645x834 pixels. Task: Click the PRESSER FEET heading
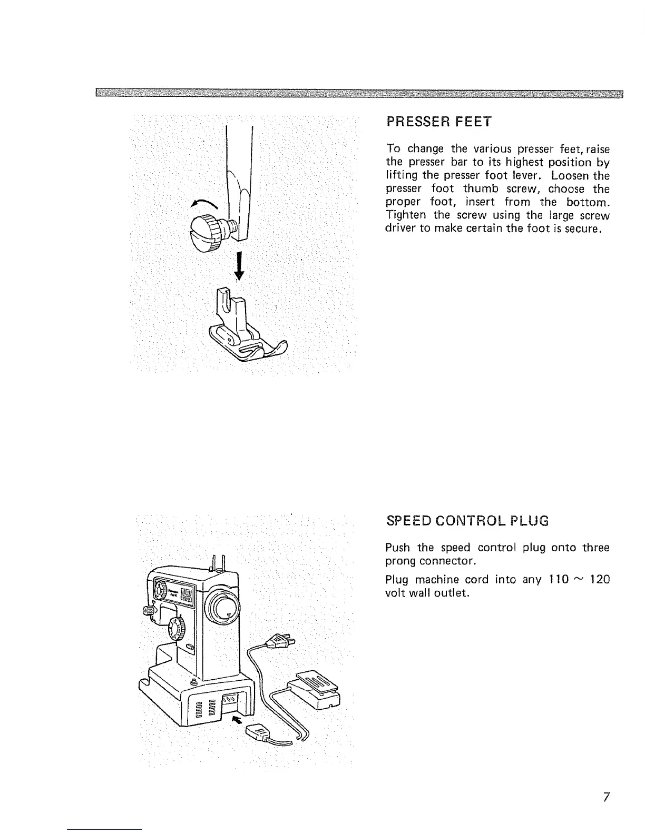click(x=438, y=122)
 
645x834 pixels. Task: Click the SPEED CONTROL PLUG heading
click(x=467, y=521)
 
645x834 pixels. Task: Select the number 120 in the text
click(x=599, y=580)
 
